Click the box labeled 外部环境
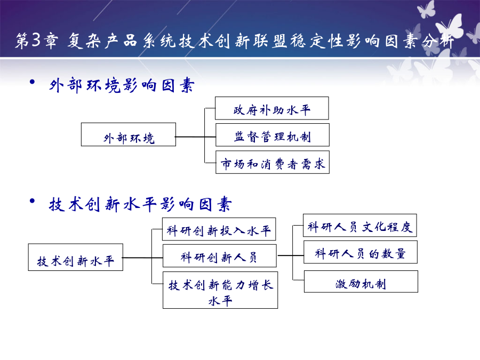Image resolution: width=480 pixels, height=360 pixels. [129, 134]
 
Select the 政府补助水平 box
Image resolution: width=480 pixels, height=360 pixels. [272, 108]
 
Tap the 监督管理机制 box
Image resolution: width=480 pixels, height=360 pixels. [273, 135]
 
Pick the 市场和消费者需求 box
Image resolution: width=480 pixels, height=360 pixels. [273, 162]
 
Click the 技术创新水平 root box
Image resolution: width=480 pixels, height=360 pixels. [76, 257]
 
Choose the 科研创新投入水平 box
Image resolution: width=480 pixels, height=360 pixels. [219, 229]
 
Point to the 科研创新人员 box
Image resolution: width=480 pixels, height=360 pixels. [220, 255]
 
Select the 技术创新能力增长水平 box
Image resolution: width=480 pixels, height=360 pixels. [220, 290]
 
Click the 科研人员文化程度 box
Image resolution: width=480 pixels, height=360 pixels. [360, 225]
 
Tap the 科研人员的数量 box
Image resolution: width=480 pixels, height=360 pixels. [361, 252]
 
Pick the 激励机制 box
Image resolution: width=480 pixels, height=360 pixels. [361, 281]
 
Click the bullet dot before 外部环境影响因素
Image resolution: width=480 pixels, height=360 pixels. [32, 82]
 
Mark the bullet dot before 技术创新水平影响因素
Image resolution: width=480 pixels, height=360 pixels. [32, 201]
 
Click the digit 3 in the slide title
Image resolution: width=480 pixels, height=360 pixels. [36, 40]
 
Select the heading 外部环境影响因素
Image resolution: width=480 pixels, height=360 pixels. [122, 85]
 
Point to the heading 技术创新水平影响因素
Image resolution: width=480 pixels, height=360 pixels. [140, 204]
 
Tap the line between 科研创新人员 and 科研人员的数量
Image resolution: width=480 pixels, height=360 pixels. [290, 255]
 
